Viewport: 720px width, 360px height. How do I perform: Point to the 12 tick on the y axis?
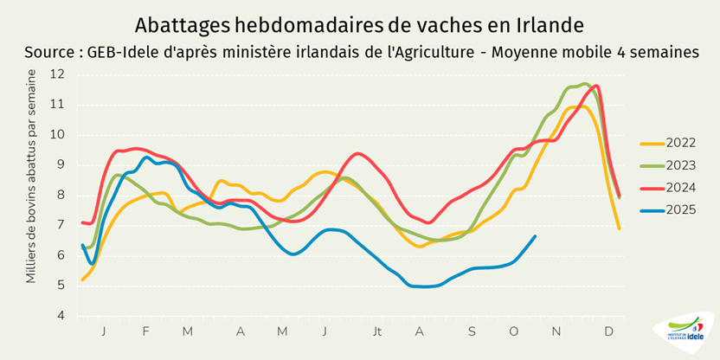coord(58,74)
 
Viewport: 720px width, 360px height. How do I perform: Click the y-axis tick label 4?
coord(61,316)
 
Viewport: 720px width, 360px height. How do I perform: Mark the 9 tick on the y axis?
coord(61,164)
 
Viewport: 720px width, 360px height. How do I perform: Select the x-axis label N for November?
coord(556,331)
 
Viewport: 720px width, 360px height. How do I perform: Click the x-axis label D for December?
coord(609,331)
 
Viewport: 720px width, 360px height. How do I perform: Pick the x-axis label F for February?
coord(145,331)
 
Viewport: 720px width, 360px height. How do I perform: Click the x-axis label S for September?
coord(472,331)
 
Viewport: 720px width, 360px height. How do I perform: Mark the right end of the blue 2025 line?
coord(535,236)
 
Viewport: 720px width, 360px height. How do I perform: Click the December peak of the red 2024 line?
coord(596,86)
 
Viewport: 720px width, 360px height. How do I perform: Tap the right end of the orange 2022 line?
coord(620,228)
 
